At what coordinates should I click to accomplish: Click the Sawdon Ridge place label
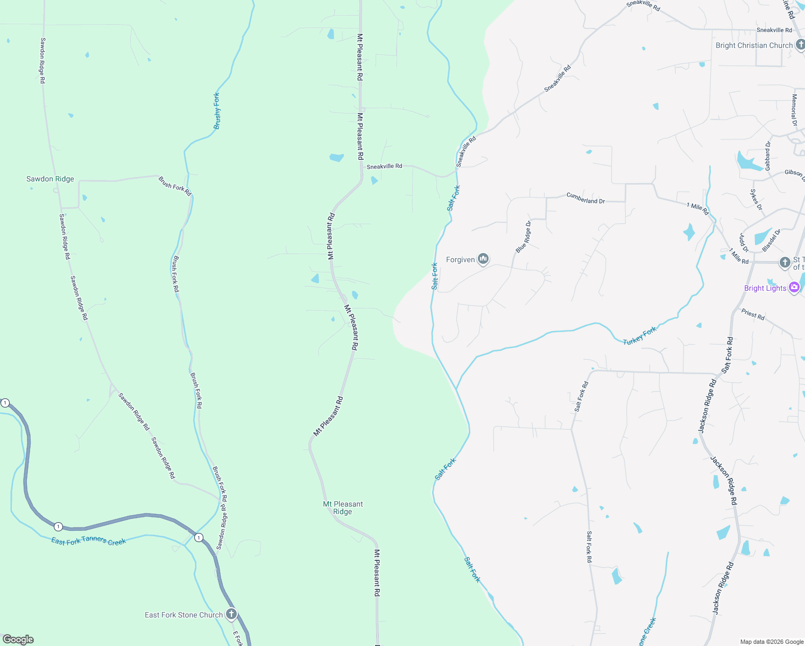pyautogui.click(x=50, y=179)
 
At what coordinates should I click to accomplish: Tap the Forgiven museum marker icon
pyautogui.click(x=483, y=259)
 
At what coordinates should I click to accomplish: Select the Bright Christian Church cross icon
pyautogui.click(x=800, y=45)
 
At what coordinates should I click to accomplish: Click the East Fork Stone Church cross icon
pyautogui.click(x=231, y=614)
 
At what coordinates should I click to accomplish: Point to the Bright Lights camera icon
pyautogui.click(x=794, y=287)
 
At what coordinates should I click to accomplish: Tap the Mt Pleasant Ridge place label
pyautogui.click(x=343, y=508)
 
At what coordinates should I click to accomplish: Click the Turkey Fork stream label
pyautogui.click(x=640, y=336)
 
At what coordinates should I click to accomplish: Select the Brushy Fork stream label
pyautogui.click(x=217, y=111)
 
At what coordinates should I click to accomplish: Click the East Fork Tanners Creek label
pyautogui.click(x=88, y=541)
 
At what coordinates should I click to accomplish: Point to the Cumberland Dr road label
pyautogui.click(x=585, y=198)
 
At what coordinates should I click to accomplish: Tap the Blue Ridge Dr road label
pyautogui.click(x=524, y=237)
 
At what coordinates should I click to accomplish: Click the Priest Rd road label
pyautogui.click(x=753, y=314)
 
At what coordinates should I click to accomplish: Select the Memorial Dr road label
pyautogui.click(x=794, y=110)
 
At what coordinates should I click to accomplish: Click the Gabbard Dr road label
pyautogui.click(x=768, y=156)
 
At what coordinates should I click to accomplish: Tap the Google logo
pyautogui.click(x=18, y=640)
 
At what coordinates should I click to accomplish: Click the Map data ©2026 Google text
pyautogui.click(x=772, y=642)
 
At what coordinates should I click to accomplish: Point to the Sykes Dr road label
pyautogui.click(x=756, y=200)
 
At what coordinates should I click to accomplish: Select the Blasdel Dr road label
pyautogui.click(x=771, y=241)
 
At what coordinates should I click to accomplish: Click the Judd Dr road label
pyautogui.click(x=744, y=243)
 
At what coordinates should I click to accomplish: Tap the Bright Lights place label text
pyautogui.click(x=765, y=288)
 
